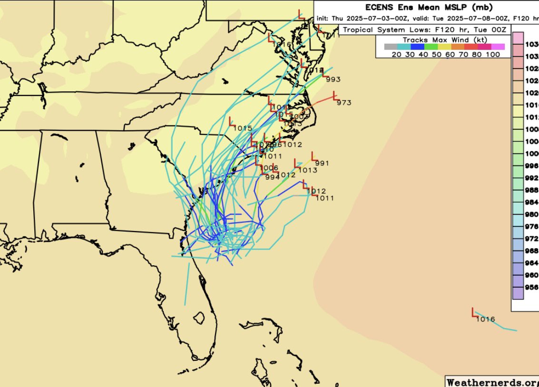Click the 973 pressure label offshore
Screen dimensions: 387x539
pos(344,103)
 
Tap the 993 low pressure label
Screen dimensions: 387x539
pos(333,79)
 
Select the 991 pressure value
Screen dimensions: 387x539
pos(322,164)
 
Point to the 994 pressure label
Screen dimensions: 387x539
pos(273,177)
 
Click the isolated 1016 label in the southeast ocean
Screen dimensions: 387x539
pos(485,319)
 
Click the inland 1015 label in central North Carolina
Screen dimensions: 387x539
pos(243,128)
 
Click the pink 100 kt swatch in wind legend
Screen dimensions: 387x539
pos(498,47)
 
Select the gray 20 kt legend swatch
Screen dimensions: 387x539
pos(390,47)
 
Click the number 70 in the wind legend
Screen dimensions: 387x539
pos(458,54)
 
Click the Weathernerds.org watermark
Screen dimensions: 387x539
pos(492,381)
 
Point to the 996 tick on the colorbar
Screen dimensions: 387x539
pos(532,166)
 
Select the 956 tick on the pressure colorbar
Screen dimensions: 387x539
pos(532,287)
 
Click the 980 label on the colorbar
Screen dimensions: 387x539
pos(532,214)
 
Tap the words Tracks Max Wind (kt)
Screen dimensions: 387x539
pos(436,40)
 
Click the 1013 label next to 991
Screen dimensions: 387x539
pos(308,170)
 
